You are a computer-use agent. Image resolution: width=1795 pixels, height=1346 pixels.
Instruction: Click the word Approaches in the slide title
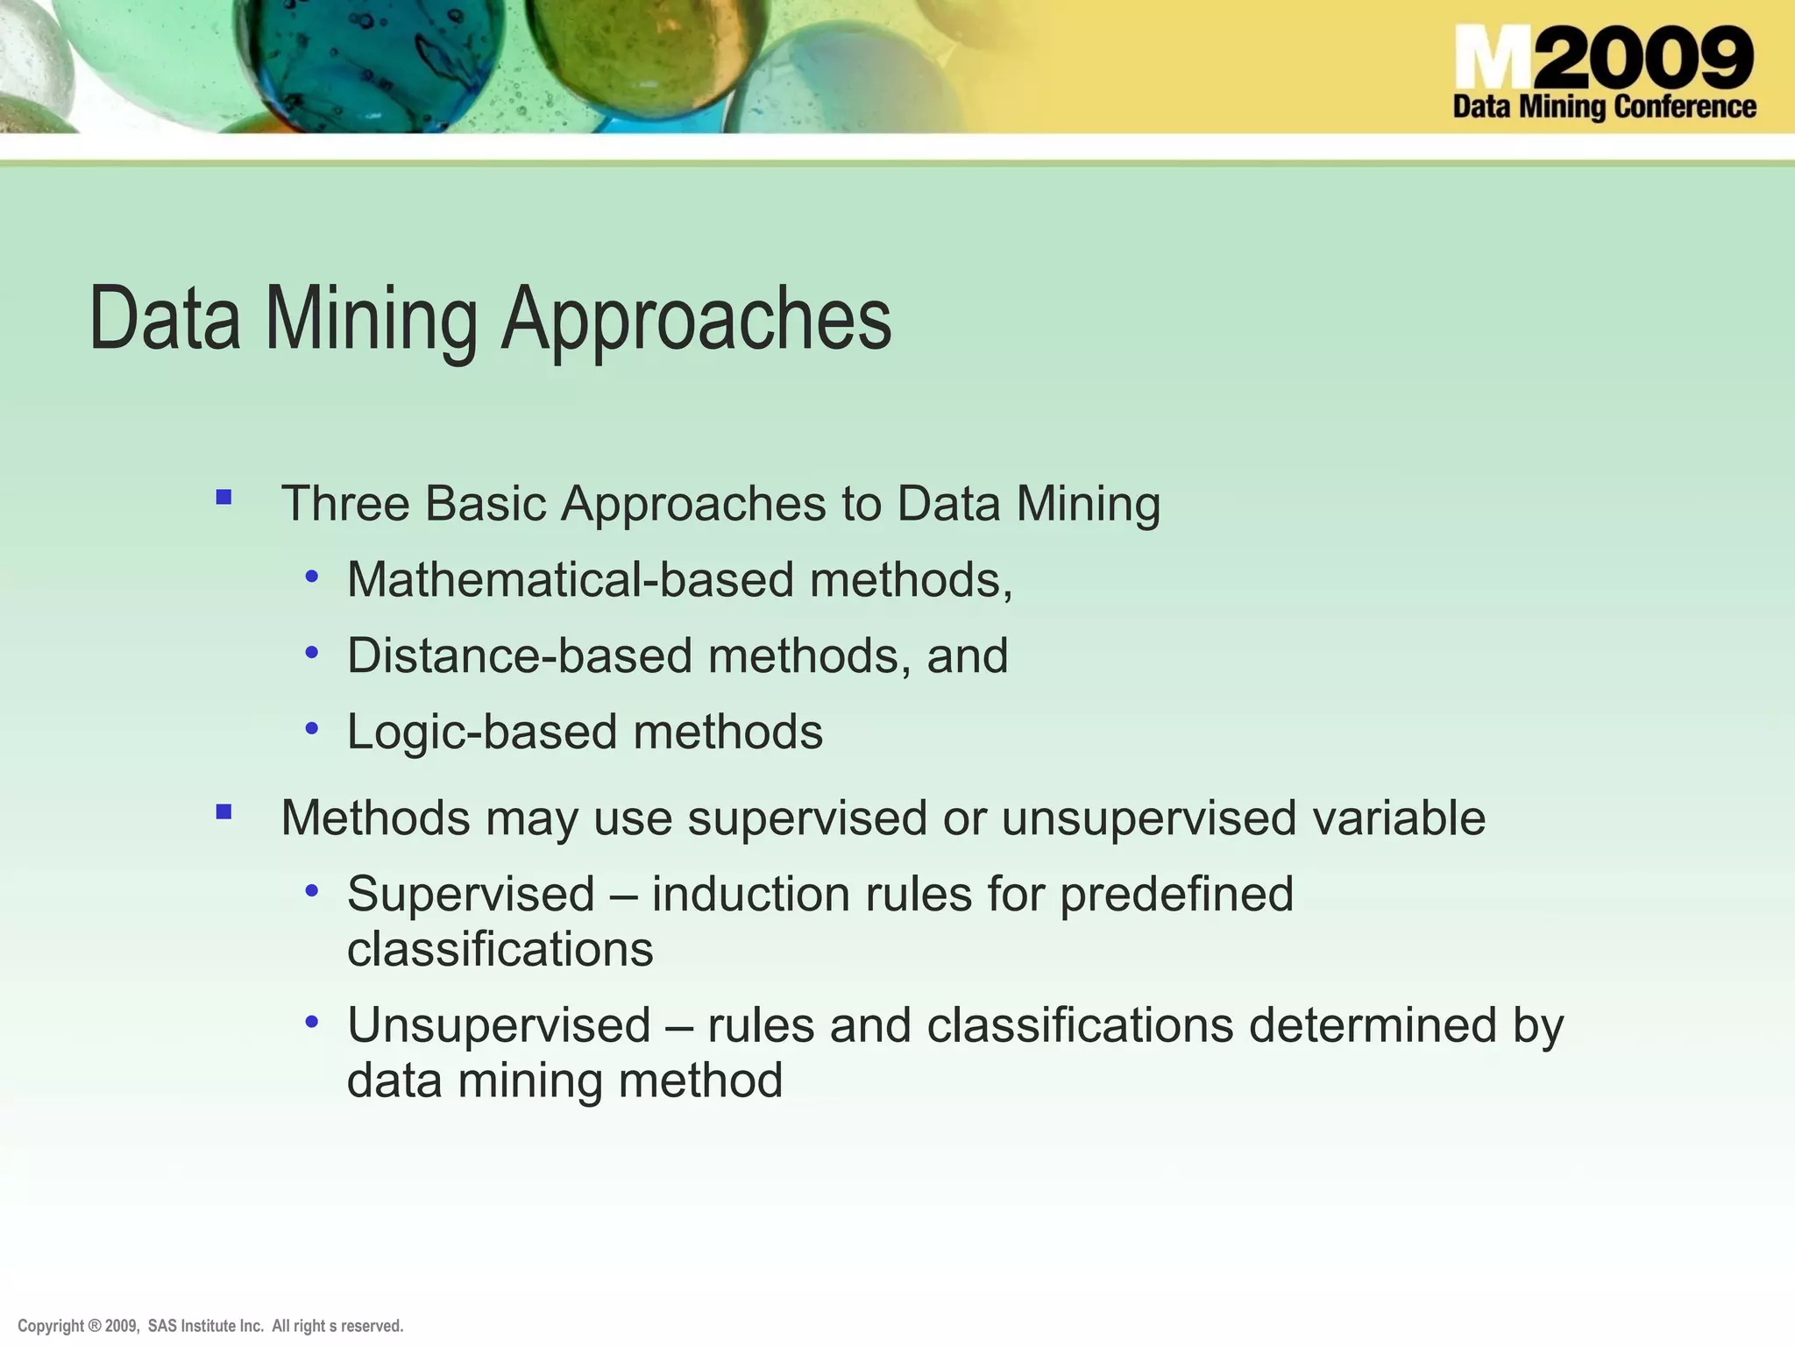point(697,319)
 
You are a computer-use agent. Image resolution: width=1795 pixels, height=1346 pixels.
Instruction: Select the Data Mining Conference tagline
point(1604,107)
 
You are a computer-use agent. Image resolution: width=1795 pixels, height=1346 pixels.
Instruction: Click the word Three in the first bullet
point(345,504)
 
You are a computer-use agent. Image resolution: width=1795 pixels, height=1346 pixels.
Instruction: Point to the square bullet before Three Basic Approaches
point(223,498)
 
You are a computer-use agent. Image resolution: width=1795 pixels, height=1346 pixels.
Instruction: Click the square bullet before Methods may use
point(223,811)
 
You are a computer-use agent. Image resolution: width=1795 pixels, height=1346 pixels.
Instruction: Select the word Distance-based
point(520,655)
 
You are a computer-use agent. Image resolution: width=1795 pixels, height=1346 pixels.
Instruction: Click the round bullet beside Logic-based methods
point(312,727)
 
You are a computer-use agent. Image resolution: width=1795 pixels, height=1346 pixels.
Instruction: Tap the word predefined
point(1176,894)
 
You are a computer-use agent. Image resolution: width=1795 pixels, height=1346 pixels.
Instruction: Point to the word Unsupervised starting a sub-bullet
point(499,1025)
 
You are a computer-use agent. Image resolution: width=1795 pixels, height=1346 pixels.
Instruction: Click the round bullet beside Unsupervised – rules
point(312,1022)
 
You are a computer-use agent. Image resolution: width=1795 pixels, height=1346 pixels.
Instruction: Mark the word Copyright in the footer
point(51,1326)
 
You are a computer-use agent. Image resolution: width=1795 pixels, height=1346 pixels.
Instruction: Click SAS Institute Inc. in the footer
point(206,1326)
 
